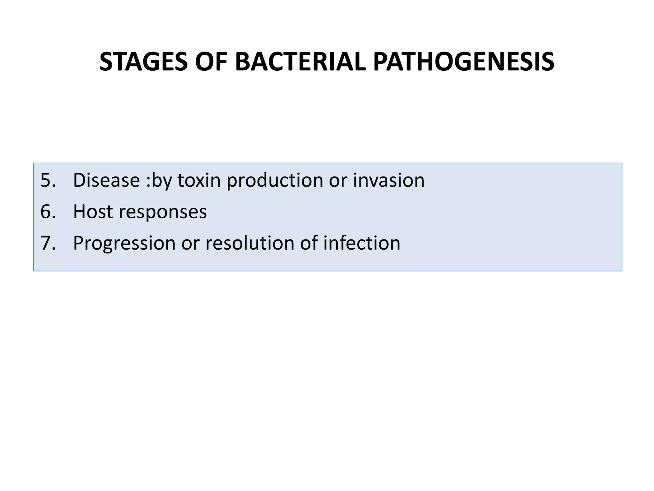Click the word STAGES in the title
[143, 62]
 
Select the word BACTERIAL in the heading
[300, 62]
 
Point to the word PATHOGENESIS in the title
[463, 62]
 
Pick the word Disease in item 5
[106, 180]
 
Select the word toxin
[199, 180]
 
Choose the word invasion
[389, 180]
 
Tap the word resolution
[249, 243]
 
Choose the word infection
[361, 243]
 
